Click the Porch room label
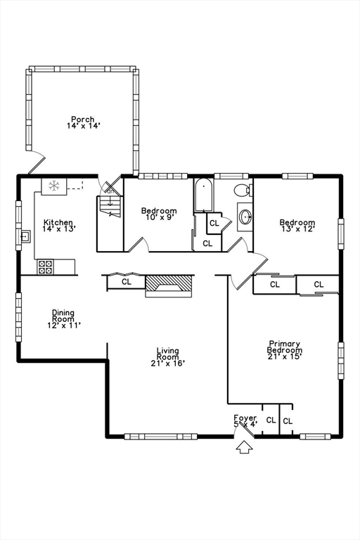[83, 119]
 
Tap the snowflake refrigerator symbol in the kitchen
[54, 186]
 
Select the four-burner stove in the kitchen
[46, 267]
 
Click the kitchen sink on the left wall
[25, 236]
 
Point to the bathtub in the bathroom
[204, 195]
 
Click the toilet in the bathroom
[243, 190]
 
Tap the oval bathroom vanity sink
[245, 217]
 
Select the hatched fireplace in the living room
[168, 286]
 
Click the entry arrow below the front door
[245, 446]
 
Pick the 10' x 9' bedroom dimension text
[159, 217]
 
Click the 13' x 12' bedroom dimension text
[297, 229]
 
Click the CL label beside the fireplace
[127, 282]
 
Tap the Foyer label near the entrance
[245, 418]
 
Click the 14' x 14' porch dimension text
[84, 126]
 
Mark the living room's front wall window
[160, 437]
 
